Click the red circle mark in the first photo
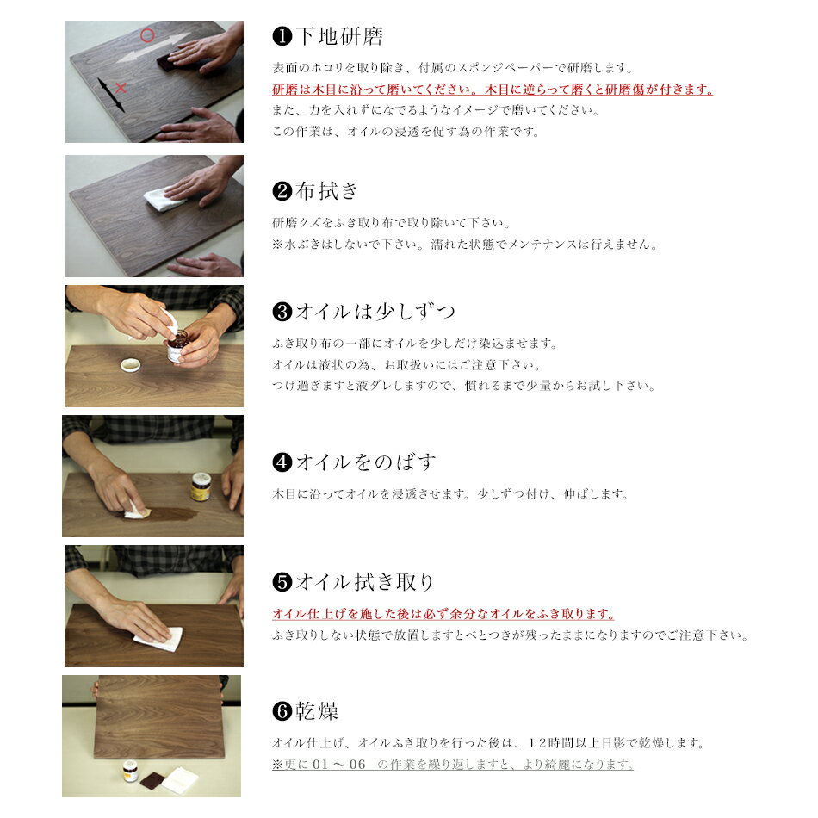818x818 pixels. click(x=147, y=35)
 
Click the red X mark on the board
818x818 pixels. click(x=121, y=88)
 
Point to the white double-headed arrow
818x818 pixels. click(x=152, y=46)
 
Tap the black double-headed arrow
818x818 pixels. click(x=111, y=95)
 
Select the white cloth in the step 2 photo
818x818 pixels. click(x=162, y=199)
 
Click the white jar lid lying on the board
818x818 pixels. click(x=130, y=365)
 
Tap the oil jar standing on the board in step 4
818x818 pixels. click(x=201, y=486)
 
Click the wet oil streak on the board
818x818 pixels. click(x=168, y=514)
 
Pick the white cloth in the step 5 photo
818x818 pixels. click(x=159, y=638)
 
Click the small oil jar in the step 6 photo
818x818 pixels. click(x=130, y=771)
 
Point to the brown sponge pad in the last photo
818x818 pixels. click(x=153, y=781)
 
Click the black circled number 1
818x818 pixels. click(x=282, y=36)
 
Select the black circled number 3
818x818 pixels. click(x=282, y=312)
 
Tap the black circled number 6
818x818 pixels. click(x=282, y=710)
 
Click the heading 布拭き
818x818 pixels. click(x=326, y=191)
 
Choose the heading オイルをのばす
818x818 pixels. click(x=365, y=462)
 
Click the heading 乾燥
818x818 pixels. click(x=317, y=710)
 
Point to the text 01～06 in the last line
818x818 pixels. click(x=339, y=765)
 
